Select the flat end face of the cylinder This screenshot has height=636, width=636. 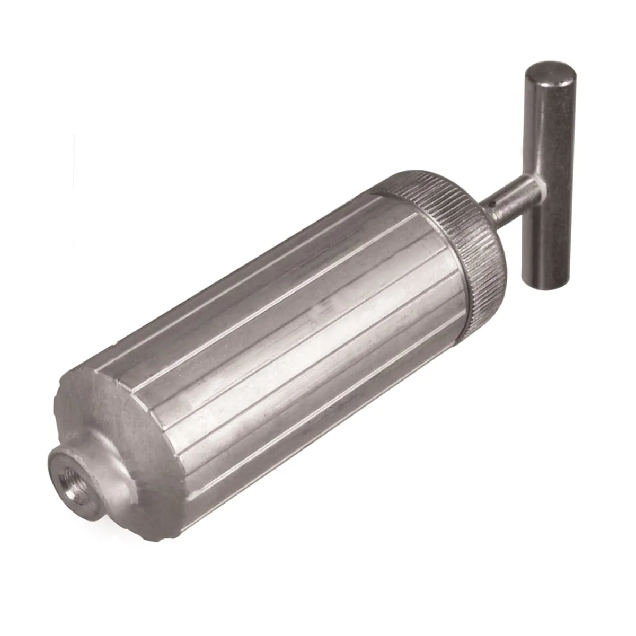101,403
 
